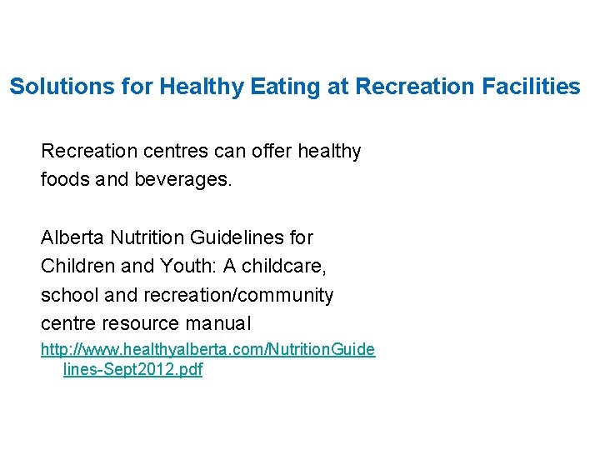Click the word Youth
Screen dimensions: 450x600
(x=178, y=266)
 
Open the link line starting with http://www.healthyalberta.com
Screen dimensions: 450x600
(x=207, y=350)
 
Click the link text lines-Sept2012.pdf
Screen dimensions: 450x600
(x=132, y=370)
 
